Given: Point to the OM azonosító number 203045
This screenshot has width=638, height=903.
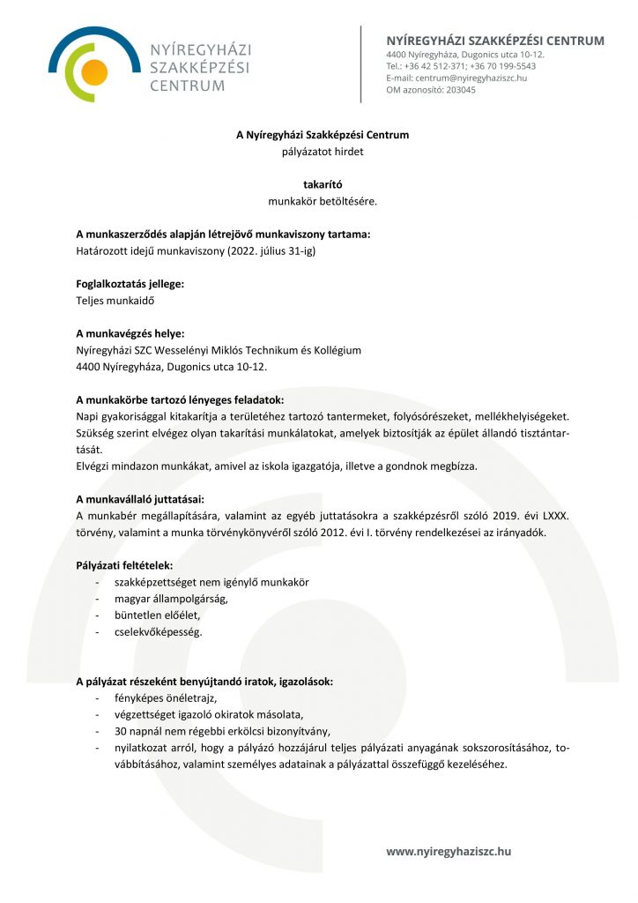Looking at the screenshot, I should (x=461, y=89).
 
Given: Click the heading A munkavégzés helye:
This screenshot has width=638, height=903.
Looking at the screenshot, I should (x=130, y=333).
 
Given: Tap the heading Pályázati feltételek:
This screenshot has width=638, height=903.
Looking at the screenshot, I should (x=125, y=564).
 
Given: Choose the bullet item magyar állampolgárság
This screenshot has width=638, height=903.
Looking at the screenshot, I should (x=171, y=598).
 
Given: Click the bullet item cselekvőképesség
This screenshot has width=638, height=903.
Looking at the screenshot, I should (x=159, y=631).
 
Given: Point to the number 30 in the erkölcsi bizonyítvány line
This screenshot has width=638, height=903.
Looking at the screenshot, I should (x=121, y=731).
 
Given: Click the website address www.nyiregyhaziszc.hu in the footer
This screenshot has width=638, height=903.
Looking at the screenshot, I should (x=449, y=851).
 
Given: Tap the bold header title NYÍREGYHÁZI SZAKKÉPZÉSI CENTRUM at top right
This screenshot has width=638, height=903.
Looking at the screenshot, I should (x=495, y=41).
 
